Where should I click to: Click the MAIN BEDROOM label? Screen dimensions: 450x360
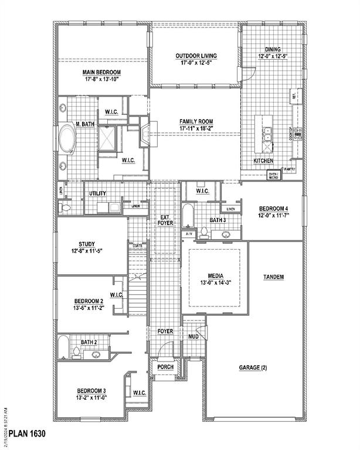click(101, 72)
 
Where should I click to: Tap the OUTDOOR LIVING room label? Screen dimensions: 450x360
click(195, 56)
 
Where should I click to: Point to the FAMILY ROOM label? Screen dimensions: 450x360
click(195, 122)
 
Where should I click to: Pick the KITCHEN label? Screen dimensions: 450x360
click(263, 161)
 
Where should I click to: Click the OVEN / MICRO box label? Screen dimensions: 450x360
click(273, 175)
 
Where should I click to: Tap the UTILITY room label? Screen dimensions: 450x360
click(97, 194)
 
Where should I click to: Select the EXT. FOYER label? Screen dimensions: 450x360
click(165, 221)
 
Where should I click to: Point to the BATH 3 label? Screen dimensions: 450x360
click(218, 220)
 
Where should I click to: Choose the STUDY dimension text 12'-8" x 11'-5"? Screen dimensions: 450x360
click(90, 252)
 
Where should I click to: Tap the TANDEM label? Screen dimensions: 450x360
click(274, 277)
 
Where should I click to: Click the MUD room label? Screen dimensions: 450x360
click(193, 337)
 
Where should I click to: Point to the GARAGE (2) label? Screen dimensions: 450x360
click(253, 367)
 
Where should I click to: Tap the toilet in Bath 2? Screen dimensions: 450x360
click(76, 353)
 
